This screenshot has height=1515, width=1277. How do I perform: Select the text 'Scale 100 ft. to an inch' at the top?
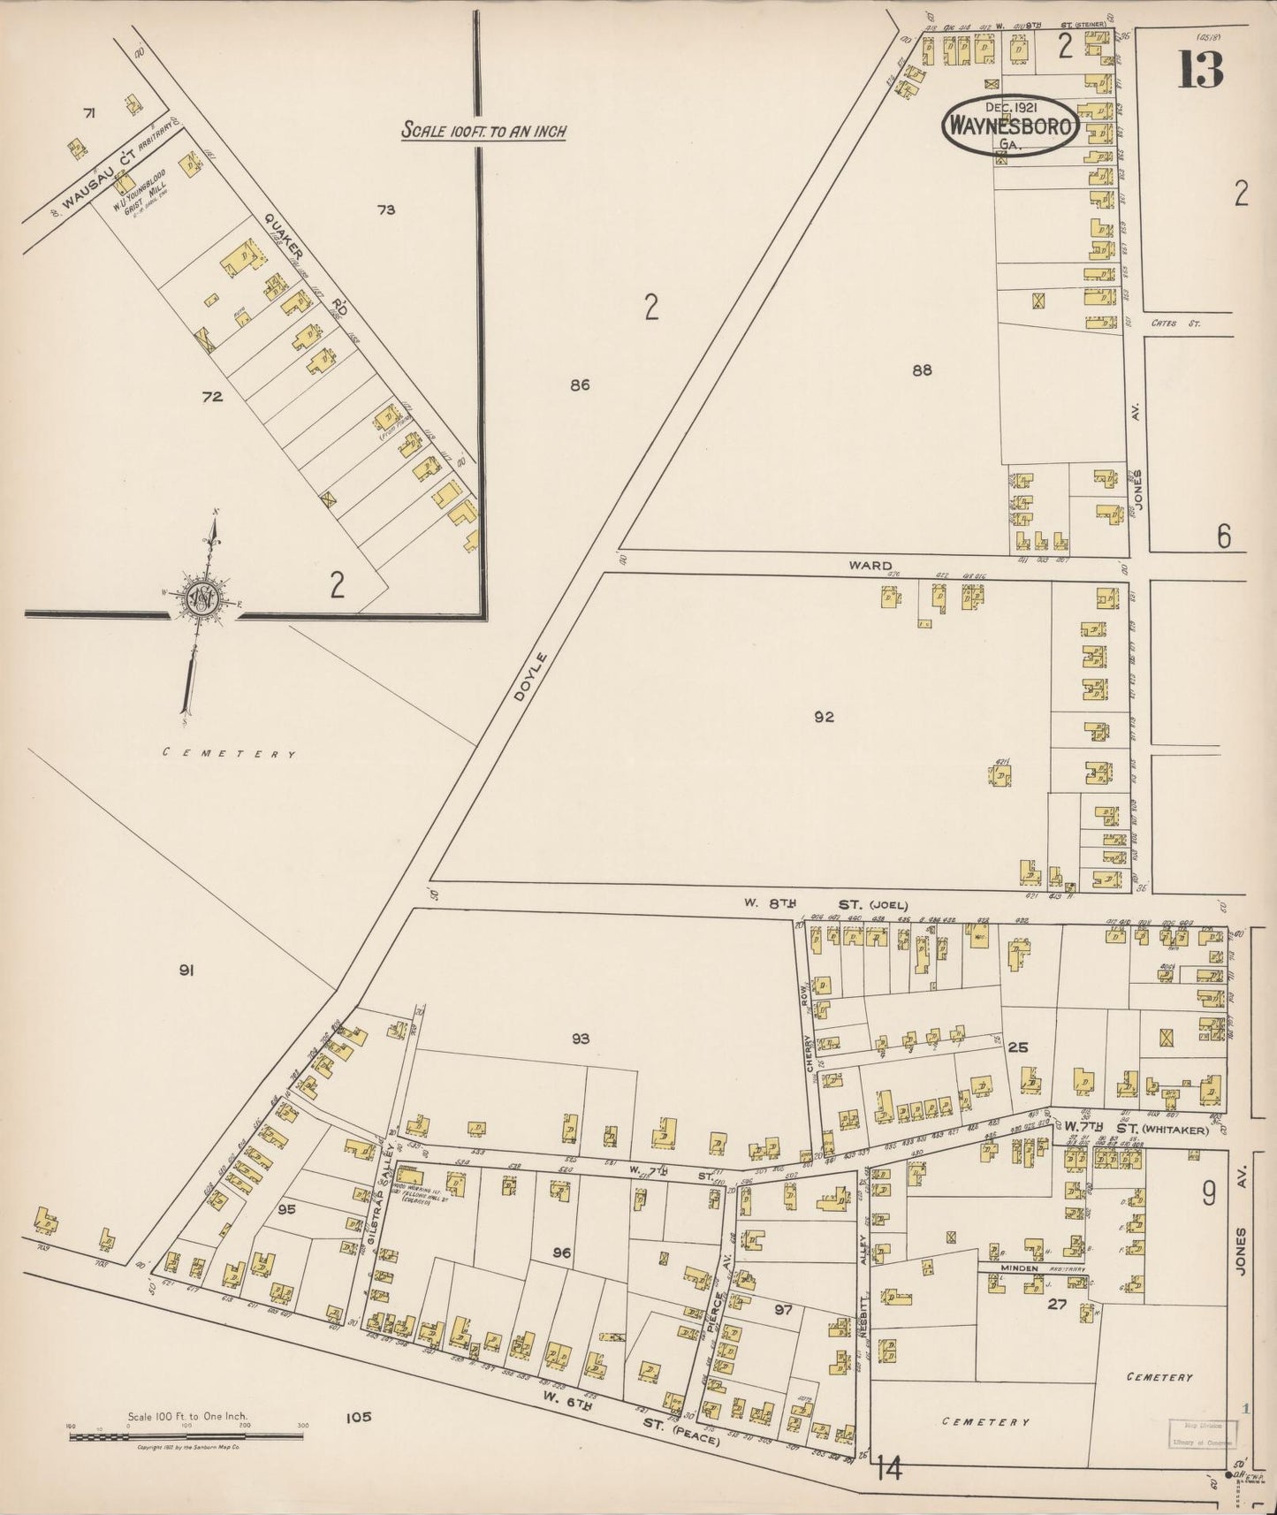click(483, 131)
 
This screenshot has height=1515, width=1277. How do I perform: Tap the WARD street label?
click(870, 566)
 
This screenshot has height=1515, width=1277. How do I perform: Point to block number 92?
click(824, 717)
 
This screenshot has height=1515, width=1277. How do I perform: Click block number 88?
click(922, 370)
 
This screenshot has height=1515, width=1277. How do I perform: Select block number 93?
click(579, 1039)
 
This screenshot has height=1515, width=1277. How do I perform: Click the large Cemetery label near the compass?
click(229, 754)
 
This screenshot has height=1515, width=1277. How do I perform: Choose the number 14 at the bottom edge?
click(889, 1470)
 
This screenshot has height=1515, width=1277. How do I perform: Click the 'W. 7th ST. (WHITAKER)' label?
click(1126, 1127)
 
